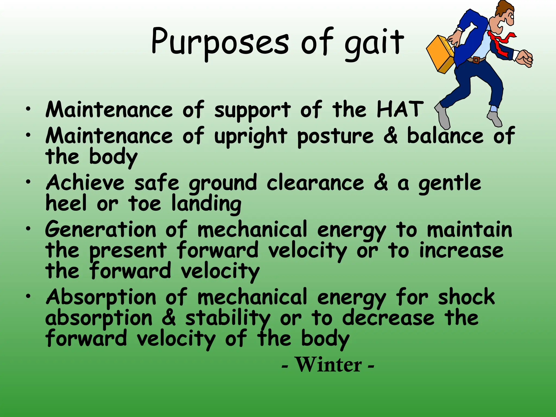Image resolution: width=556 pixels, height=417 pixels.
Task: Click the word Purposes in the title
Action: pyautogui.click(x=220, y=42)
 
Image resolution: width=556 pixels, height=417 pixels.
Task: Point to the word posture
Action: pyautogui.click(x=335, y=136)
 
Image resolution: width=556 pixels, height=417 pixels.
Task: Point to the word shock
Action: pyautogui.click(x=466, y=297)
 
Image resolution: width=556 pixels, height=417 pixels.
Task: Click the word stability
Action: pyautogui.click(x=228, y=318)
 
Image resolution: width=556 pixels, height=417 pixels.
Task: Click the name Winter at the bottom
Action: pyautogui.click(x=328, y=365)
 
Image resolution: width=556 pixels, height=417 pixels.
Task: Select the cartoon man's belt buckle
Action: pyautogui.click(x=476, y=60)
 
